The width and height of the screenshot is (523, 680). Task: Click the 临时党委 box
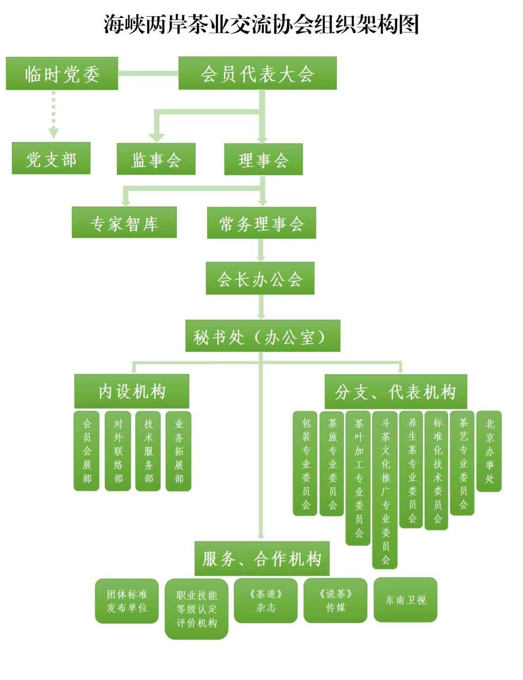[x=62, y=73]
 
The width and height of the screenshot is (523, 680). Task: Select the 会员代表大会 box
[x=257, y=73]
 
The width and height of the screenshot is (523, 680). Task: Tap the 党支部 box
[x=51, y=158]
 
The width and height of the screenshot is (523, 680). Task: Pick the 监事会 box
[x=156, y=159]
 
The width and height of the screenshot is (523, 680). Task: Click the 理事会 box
[x=264, y=159]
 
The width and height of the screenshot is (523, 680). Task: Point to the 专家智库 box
[x=124, y=222]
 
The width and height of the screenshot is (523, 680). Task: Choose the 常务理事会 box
[x=261, y=223]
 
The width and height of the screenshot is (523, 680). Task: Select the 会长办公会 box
[x=260, y=278]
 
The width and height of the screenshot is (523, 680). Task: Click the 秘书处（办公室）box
[x=263, y=336]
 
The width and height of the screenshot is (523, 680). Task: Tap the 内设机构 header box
[x=132, y=391]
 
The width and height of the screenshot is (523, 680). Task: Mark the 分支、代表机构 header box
[x=396, y=391]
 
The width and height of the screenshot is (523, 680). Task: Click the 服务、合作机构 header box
[x=262, y=558]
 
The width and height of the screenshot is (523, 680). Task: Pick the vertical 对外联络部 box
[x=118, y=451]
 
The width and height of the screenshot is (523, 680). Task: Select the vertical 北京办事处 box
[x=489, y=451]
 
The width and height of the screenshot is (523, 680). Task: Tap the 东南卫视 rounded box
[x=405, y=600]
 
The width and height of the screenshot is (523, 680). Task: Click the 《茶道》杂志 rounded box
[x=266, y=601]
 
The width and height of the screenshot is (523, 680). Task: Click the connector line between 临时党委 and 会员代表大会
[x=148, y=73]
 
